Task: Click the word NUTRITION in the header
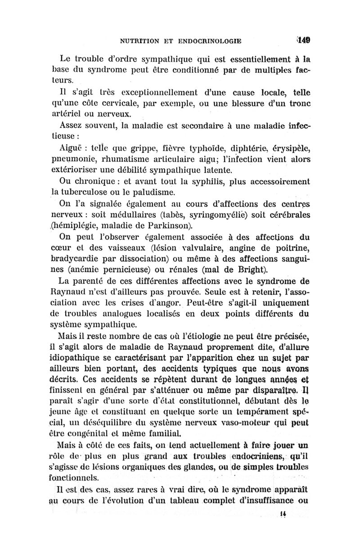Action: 141,41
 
